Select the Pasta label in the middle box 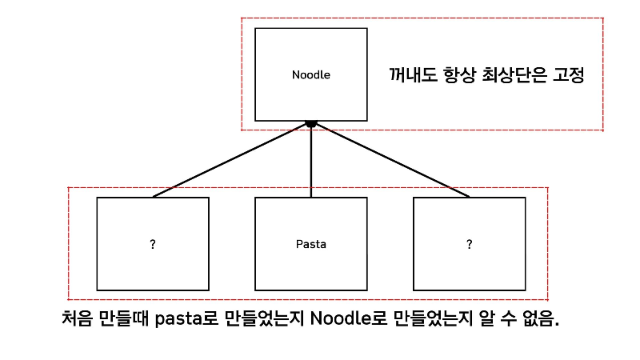point(310,243)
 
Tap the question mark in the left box point(152,243)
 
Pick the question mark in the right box point(469,243)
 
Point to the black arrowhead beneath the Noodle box point(311,124)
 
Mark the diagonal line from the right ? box point(392,160)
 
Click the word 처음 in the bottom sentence point(78,318)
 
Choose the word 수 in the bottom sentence point(496,318)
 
